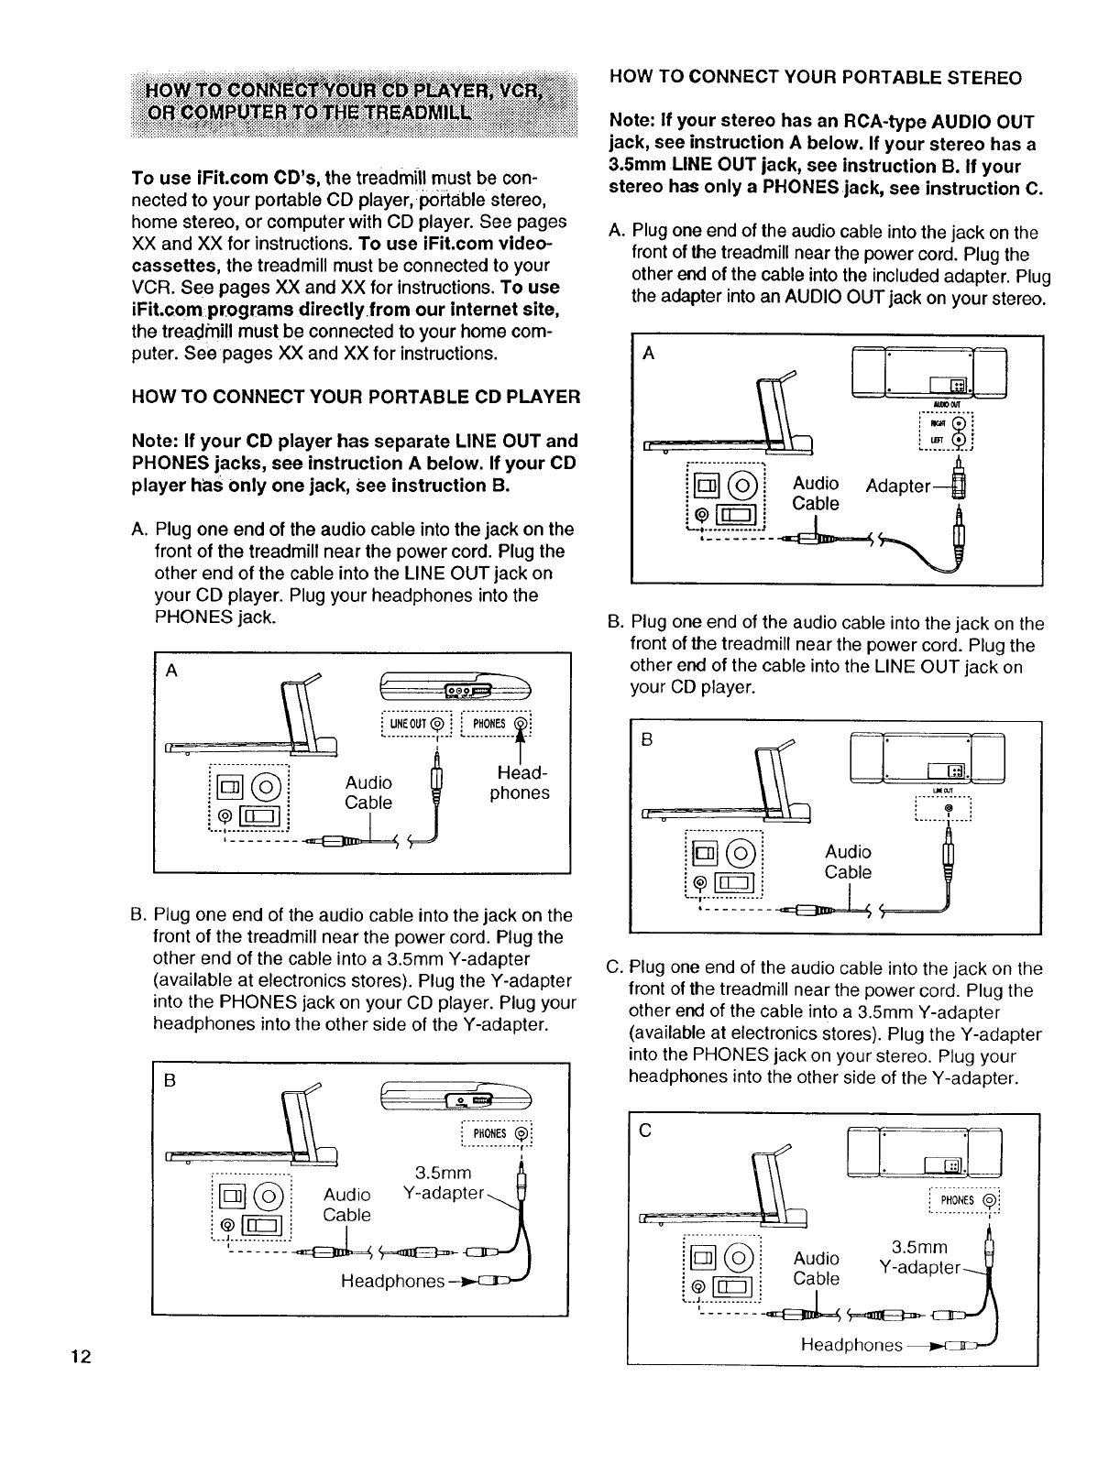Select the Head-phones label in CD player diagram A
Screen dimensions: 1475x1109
[x=520, y=782]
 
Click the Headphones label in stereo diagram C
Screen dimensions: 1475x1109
[x=851, y=1344]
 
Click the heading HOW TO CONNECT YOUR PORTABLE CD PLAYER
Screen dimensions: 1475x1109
[x=357, y=397]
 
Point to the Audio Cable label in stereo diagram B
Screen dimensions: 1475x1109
[x=848, y=862]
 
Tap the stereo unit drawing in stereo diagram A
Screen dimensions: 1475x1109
[x=929, y=376]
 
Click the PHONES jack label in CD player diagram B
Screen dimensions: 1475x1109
[x=493, y=1134]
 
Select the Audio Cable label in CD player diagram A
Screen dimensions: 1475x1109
[x=368, y=792]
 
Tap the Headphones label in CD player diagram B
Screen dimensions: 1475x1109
[x=392, y=1281]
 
